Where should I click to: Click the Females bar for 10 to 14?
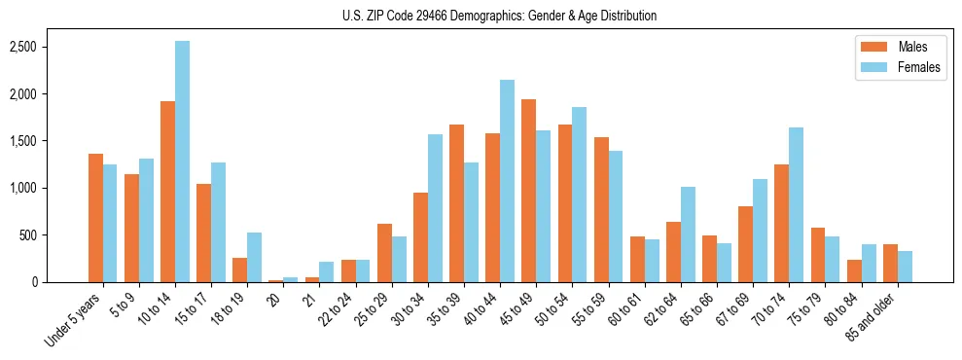(182, 162)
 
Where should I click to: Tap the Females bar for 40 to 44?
(507, 181)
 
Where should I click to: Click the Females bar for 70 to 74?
(796, 205)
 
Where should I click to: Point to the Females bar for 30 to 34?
(435, 208)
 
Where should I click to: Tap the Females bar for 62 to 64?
(688, 234)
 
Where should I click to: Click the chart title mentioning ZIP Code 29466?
(499, 16)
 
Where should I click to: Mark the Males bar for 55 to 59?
(600, 209)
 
